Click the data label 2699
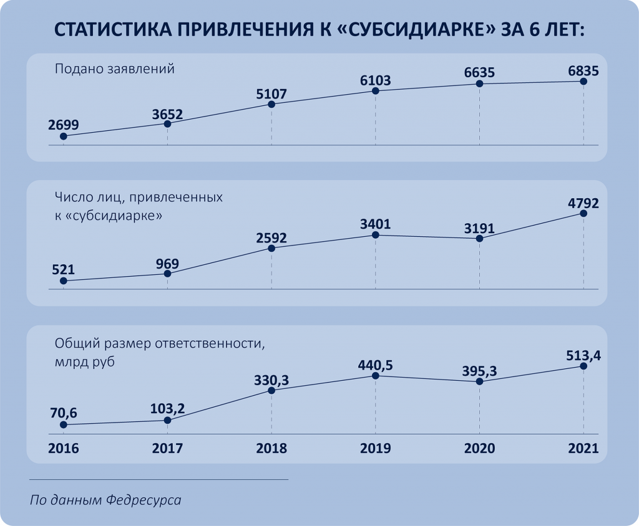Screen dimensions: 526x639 [x=63, y=125]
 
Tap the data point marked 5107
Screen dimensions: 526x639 [x=271, y=104]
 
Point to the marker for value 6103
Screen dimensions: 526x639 [x=376, y=91]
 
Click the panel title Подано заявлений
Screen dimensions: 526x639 [x=114, y=69]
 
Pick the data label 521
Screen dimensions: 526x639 [x=63, y=270]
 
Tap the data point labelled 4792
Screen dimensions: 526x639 [x=583, y=213]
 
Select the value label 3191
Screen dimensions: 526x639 [x=479, y=227]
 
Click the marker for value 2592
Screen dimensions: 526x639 [x=271, y=248]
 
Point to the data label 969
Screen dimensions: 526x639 [x=167, y=262]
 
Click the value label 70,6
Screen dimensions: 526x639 [x=63, y=413]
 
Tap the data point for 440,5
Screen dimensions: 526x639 [x=376, y=376]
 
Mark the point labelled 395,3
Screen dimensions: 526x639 [x=479, y=381]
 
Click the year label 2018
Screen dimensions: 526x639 [x=271, y=449]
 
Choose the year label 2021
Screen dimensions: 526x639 [x=583, y=449]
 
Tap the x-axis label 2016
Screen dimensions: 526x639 [x=63, y=449]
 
